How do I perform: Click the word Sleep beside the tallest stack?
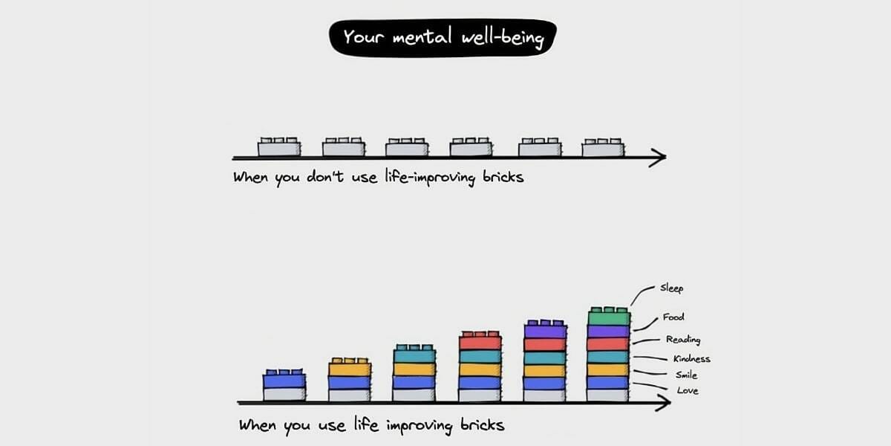[671, 288]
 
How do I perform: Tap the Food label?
[673, 317]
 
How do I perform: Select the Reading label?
[682, 340]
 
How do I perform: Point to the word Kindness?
[691, 359]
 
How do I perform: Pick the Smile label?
[686, 375]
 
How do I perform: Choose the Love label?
[687, 391]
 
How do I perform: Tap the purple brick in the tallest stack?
[609, 332]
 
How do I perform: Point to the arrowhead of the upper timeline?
[658, 157]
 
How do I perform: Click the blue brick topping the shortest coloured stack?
[284, 380]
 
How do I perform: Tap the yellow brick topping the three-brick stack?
[349, 368]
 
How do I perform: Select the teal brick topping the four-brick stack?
[414, 355]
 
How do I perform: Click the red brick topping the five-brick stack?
[480, 343]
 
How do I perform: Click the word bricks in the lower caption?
[480, 426]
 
